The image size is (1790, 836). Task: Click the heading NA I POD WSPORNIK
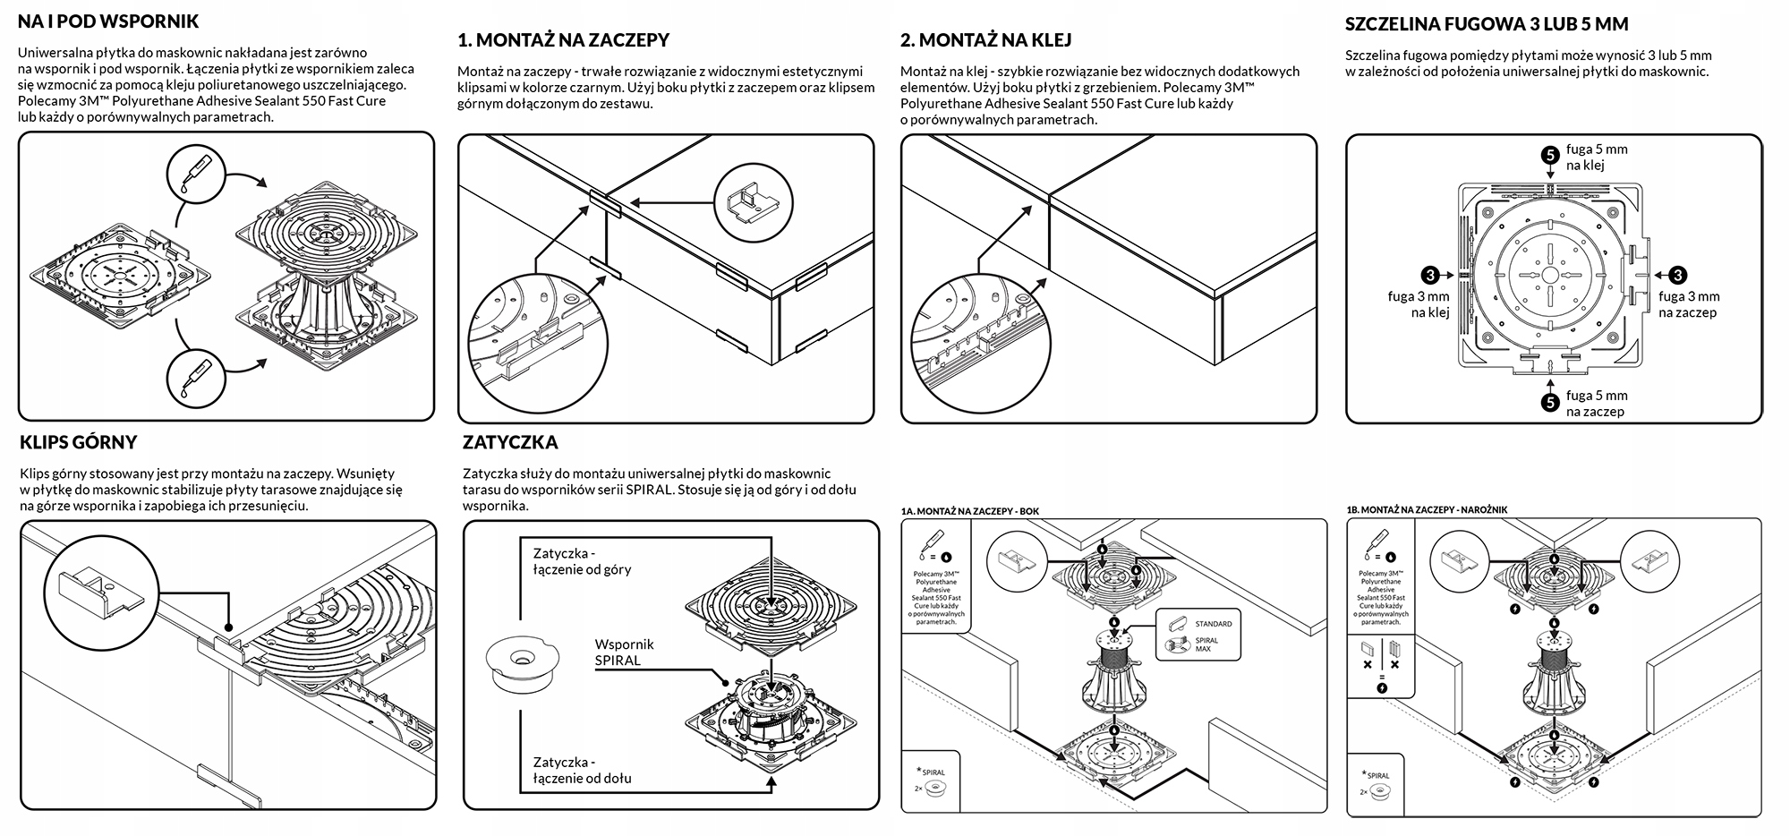pyautogui.click(x=108, y=21)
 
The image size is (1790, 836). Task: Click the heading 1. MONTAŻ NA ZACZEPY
pyautogui.click(x=563, y=40)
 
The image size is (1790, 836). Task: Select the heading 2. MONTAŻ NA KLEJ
pyautogui.click(x=985, y=40)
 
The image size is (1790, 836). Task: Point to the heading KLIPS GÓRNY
pyautogui.click(x=78, y=442)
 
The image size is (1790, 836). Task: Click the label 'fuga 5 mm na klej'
pyautogui.click(x=1597, y=158)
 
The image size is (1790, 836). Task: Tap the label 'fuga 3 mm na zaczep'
pyautogui.click(x=1689, y=304)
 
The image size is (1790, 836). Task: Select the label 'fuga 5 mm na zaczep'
pyautogui.click(x=1597, y=404)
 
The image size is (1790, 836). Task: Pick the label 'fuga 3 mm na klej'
pyautogui.click(x=1419, y=304)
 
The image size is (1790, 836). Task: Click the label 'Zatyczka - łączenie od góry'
pyautogui.click(x=582, y=561)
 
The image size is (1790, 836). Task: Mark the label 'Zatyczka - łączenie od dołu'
pyautogui.click(x=582, y=770)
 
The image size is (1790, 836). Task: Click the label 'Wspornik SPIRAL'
pyautogui.click(x=624, y=652)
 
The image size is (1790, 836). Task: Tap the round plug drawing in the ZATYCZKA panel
pyautogui.click(x=520, y=663)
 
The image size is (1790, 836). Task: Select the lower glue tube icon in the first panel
pyautogui.click(x=199, y=376)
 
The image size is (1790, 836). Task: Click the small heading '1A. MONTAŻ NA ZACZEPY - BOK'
pyautogui.click(x=969, y=511)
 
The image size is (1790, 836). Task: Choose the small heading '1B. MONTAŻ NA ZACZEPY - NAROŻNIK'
pyautogui.click(x=1427, y=510)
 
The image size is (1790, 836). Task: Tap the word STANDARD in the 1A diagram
pyautogui.click(x=1213, y=624)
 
